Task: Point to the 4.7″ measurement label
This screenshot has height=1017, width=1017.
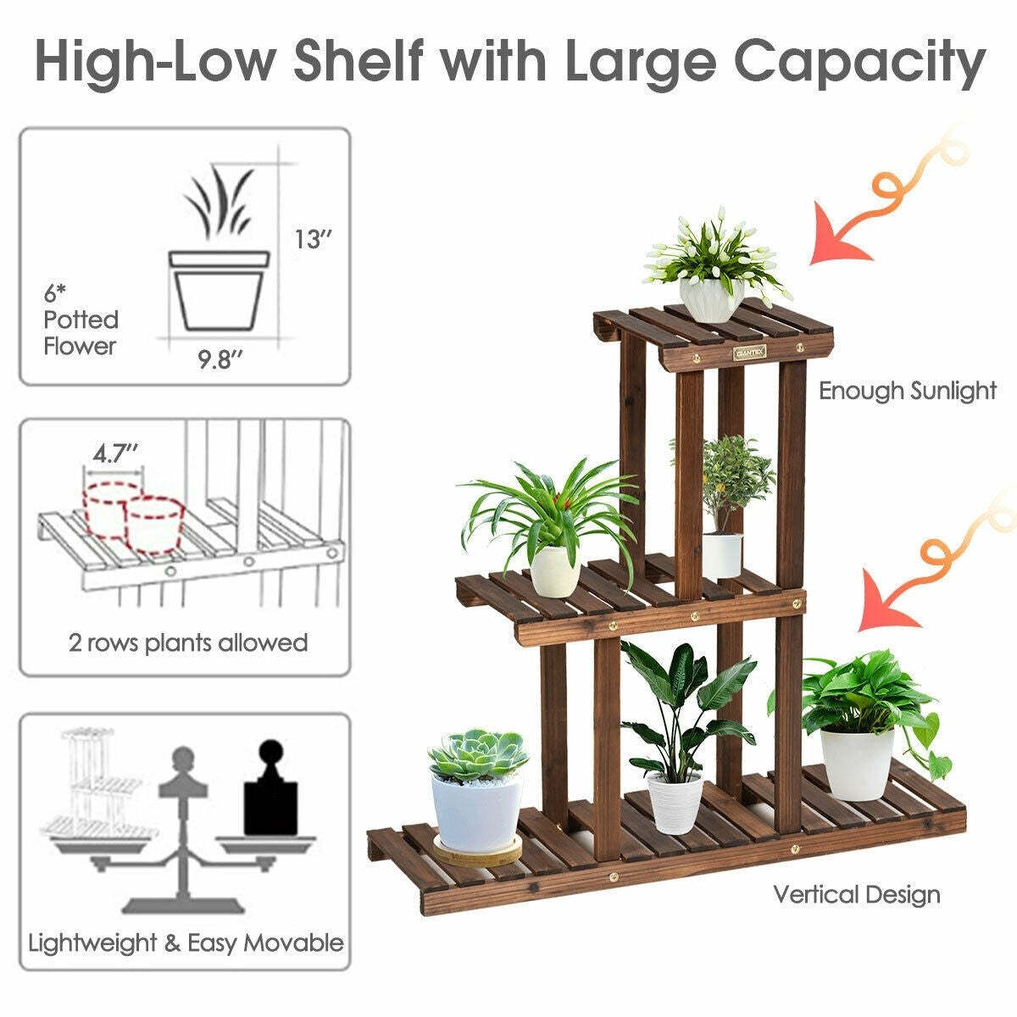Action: (115, 453)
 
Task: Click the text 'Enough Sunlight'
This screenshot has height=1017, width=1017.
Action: (907, 391)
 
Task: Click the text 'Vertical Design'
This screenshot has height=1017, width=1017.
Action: (856, 894)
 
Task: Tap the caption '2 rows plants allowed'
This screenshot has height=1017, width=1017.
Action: (188, 642)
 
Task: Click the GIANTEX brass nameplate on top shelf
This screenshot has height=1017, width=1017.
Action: (749, 350)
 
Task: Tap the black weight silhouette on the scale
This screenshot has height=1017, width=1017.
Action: (271, 790)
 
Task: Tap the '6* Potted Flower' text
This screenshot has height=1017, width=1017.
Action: (81, 320)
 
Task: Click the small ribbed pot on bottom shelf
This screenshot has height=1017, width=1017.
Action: (675, 802)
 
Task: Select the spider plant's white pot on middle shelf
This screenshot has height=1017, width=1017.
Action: (554, 570)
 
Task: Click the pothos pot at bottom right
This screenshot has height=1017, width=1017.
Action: (857, 763)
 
